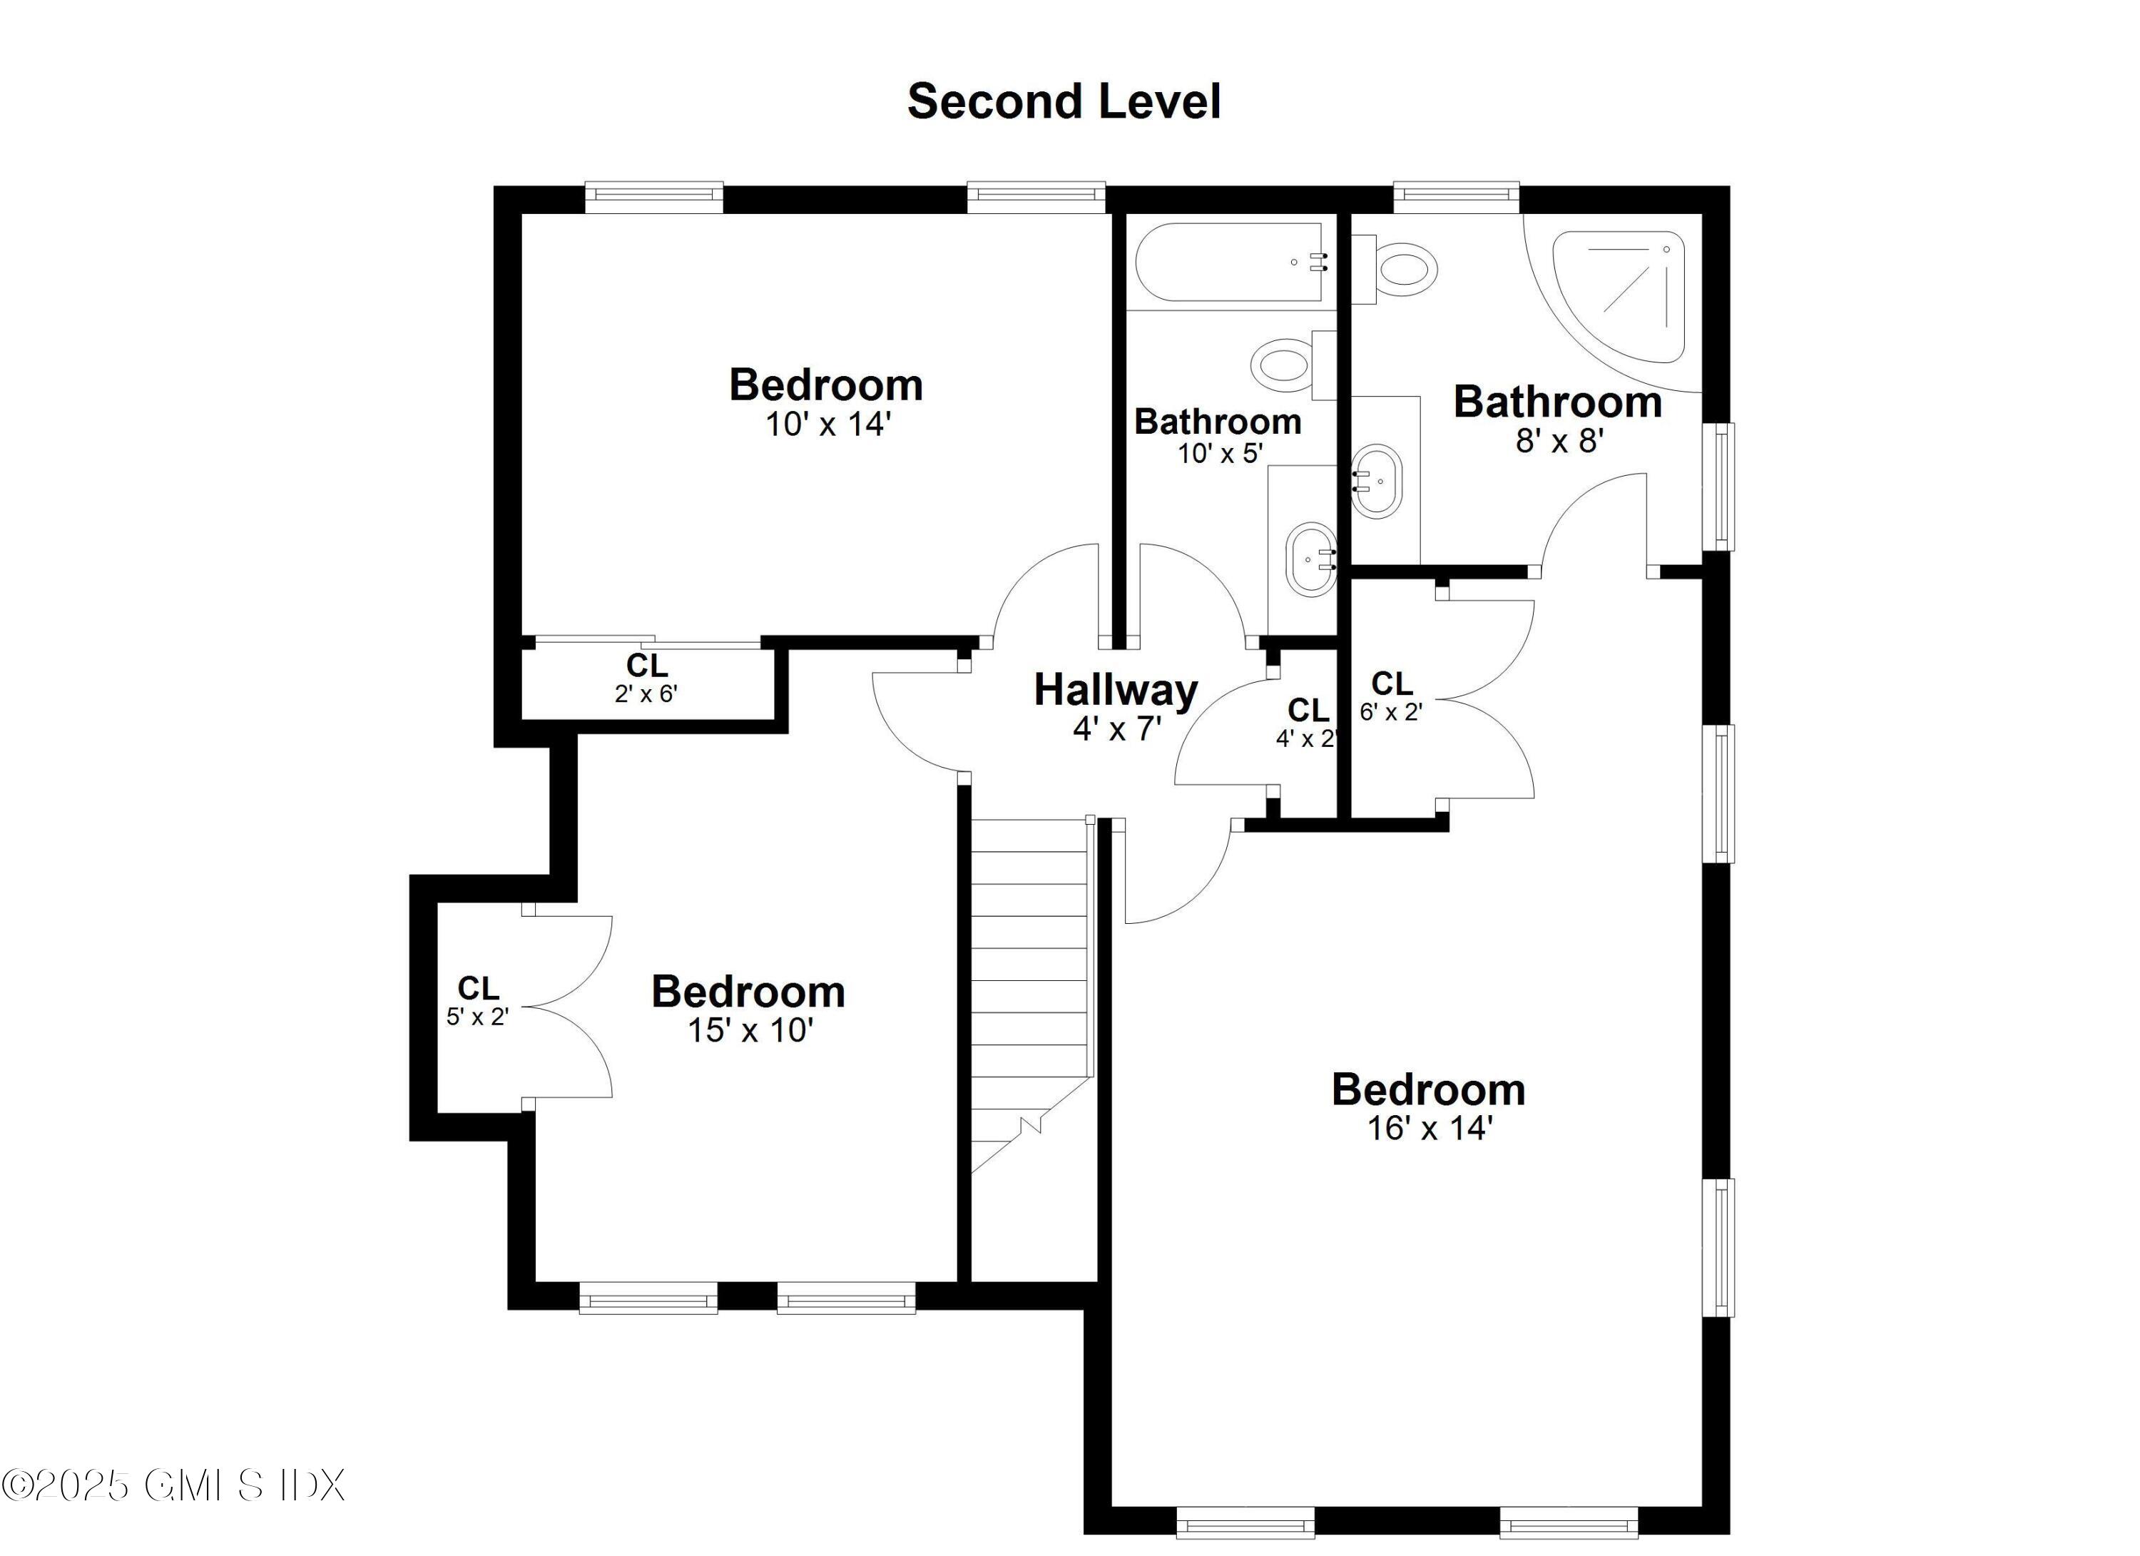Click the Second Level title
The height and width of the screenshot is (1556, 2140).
[x=1064, y=102]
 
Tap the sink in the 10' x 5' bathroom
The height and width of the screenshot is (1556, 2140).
[x=1312, y=559]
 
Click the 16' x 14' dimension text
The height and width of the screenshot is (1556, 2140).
[x=1429, y=1129]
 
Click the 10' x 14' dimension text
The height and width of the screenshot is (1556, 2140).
[x=827, y=424]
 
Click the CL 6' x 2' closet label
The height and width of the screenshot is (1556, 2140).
[x=1391, y=696]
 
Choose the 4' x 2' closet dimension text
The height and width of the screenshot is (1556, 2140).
[x=1306, y=739]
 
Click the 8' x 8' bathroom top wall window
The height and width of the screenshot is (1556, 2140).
[x=1456, y=193]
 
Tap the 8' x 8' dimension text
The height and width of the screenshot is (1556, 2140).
[x=1559, y=441]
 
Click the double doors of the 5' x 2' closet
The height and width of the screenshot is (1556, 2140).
[x=571, y=1007]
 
